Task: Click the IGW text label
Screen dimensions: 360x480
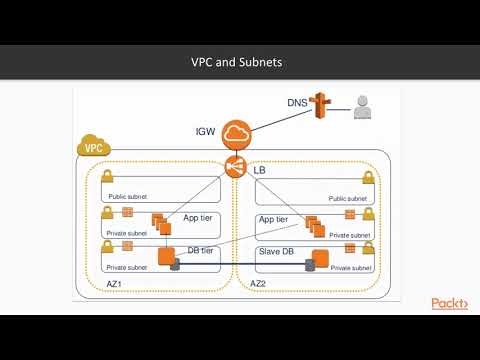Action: point(205,131)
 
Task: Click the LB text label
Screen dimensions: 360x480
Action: point(260,171)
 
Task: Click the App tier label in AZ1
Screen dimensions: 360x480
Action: point(196,217)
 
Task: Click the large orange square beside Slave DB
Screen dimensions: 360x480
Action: point(321,256)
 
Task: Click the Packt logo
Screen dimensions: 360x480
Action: point(449,304)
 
